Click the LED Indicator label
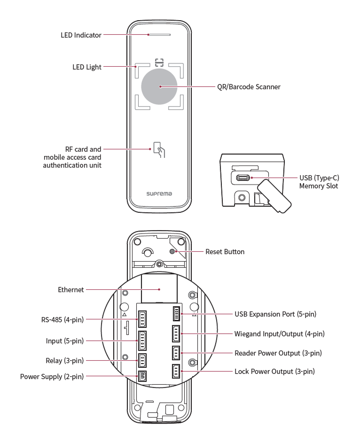[x=81, y=35]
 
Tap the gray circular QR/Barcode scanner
[x=159, y=86]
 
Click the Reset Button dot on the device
[x=178, y=252]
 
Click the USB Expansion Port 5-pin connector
[x=177, y=313]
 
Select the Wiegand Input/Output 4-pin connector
[x=177, y=334]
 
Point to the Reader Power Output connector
[x=177, y=353]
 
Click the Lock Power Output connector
[x=177, y=372]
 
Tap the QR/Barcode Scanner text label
[x=249, y=87]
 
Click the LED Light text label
[x=87, y=67]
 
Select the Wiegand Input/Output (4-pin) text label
[x=279, y=334]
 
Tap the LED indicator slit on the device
[x=159, y=34]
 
